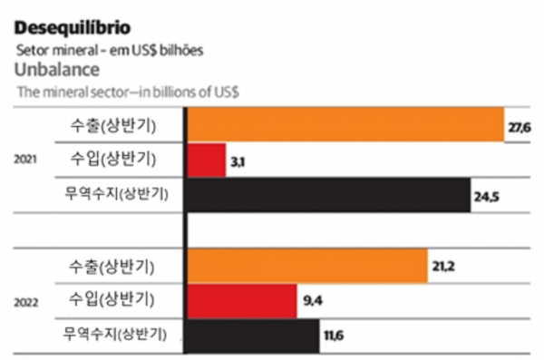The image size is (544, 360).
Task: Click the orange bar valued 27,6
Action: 345,125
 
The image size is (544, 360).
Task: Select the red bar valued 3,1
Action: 206,160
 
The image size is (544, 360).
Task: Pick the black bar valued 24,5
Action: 328,193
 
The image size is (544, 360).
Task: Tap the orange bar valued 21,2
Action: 306,266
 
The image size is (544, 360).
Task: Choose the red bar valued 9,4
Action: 241,300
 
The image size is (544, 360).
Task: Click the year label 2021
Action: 25,160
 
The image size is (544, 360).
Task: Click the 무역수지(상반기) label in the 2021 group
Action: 119,193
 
